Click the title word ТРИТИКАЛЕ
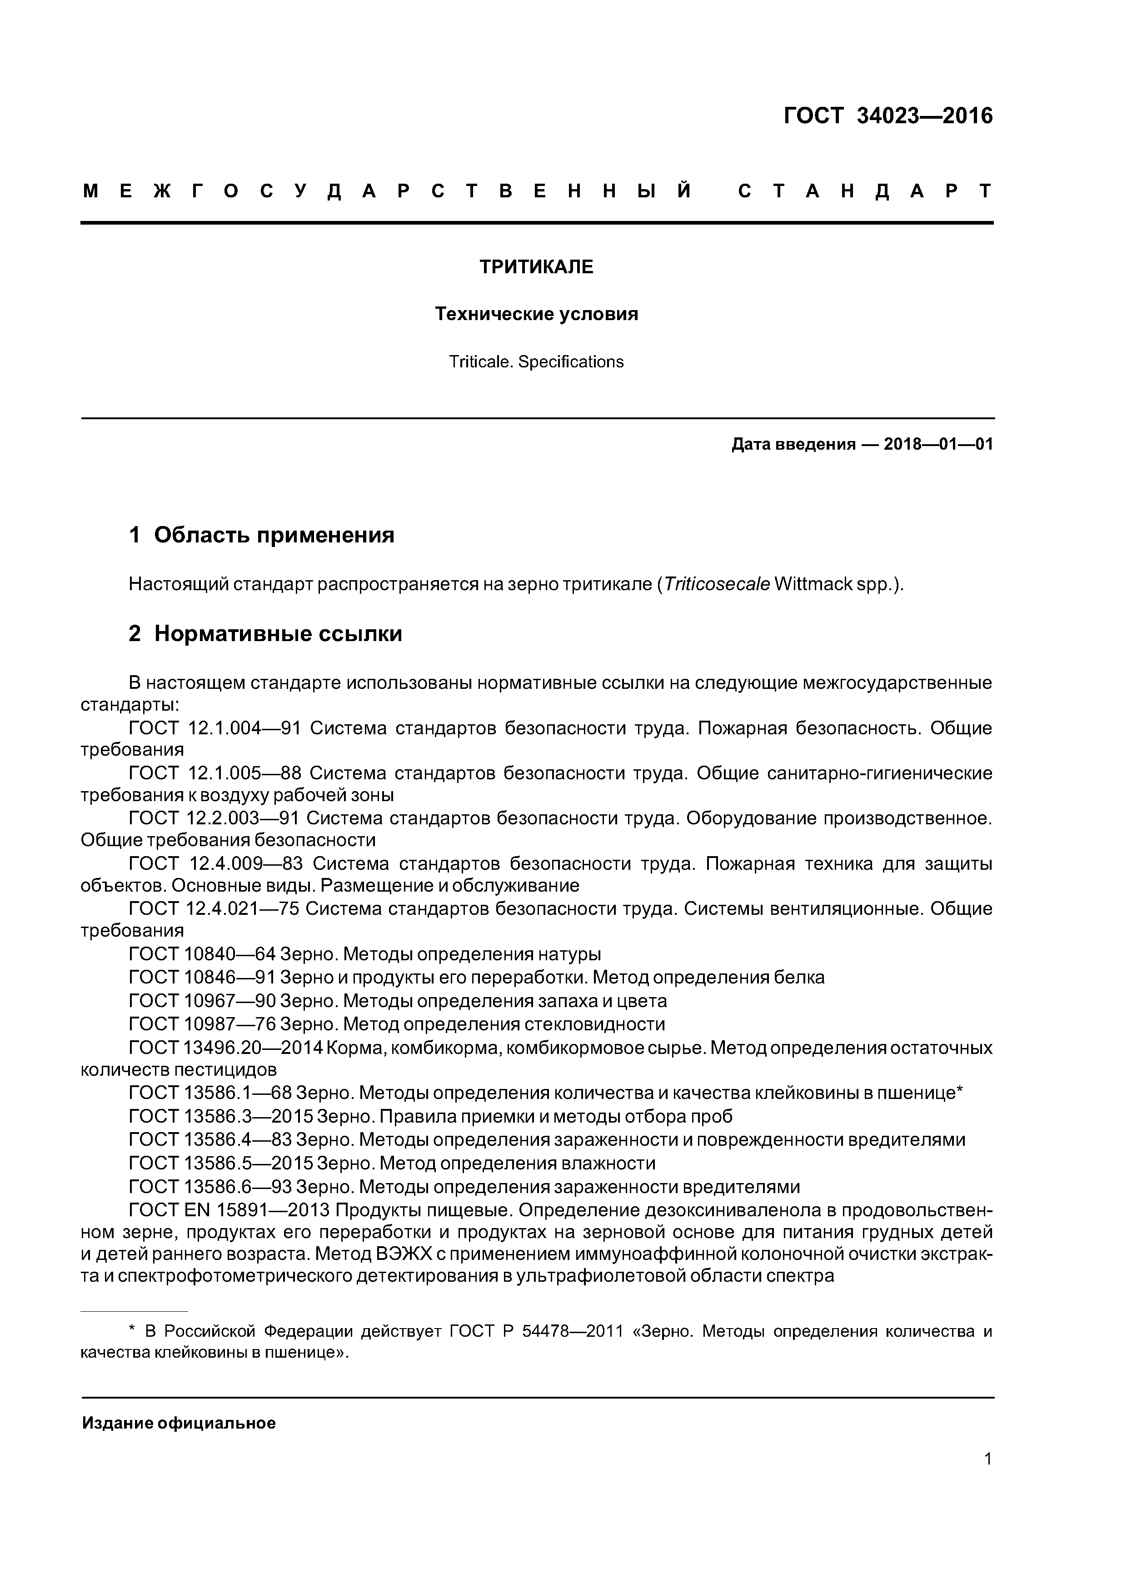[536, 267]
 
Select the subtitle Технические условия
[536, 314]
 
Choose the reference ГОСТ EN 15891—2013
[229, 1209]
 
